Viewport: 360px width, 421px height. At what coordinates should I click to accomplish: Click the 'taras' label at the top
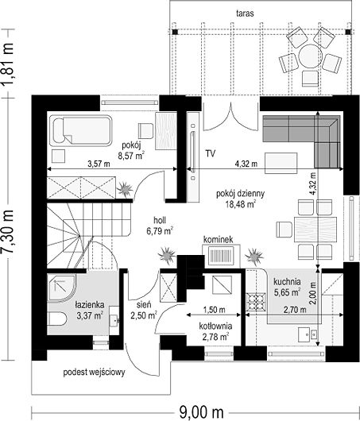point(245,14)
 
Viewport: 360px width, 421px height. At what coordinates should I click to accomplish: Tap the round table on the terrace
point(310,56)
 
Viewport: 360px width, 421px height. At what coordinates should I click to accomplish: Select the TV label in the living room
point(211,153)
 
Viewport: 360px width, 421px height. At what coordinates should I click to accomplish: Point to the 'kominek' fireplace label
point(219,240)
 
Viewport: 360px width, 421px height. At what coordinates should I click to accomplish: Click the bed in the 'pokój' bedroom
point(81,131)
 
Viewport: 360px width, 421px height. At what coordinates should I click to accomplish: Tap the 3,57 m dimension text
point(99,164)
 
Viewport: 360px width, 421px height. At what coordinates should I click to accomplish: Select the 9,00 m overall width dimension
point(201,411)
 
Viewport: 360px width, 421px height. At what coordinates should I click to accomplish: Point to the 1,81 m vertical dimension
point(7,64)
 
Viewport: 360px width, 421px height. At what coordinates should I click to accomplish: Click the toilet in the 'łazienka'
point(57,319)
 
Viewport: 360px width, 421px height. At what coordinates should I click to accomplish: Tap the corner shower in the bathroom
point(61,287)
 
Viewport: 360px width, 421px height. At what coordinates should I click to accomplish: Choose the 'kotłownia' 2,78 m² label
point(215,331)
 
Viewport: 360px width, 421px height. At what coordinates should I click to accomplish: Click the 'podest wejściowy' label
point(94,373)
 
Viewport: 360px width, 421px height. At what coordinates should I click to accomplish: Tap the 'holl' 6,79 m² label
point(160,226)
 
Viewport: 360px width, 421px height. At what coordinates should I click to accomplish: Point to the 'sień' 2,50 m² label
point(144,310)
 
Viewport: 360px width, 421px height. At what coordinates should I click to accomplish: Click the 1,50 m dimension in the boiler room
point(214,310)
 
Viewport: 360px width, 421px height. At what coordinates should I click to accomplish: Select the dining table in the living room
point(315,230)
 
